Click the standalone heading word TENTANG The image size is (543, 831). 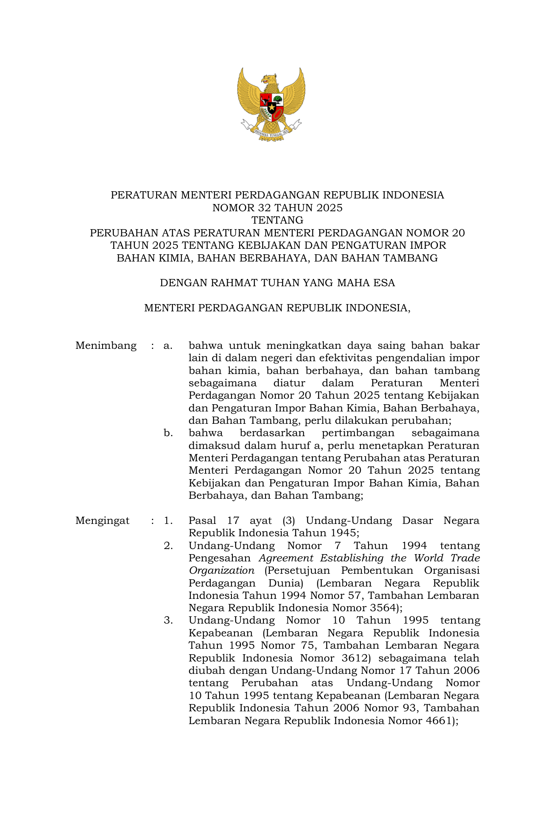(x=277, y=220)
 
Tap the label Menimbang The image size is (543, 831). (x=106, y=345)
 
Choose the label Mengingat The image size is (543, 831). (x=103, y=520)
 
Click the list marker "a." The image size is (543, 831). (x=168, y=345)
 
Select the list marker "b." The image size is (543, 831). (x=168, y=433)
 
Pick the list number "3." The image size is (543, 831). (x=168, y=620)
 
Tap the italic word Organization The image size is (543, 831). (x=221, y=570)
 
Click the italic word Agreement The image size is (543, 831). (x=286, y=558)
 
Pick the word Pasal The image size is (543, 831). (x=202, y=520)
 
